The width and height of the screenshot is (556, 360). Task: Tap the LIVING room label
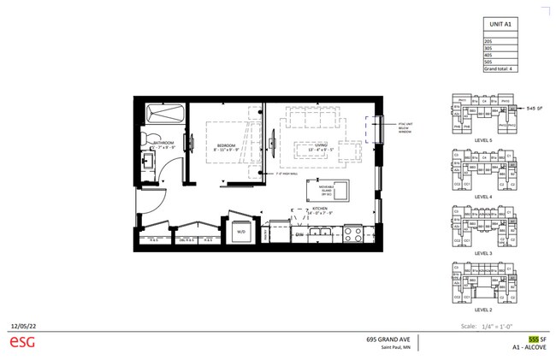point(322,146)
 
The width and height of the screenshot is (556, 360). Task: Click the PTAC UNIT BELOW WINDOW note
point(404,127)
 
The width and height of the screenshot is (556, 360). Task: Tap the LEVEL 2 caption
point(482,310)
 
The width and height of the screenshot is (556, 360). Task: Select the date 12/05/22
point(21,326)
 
